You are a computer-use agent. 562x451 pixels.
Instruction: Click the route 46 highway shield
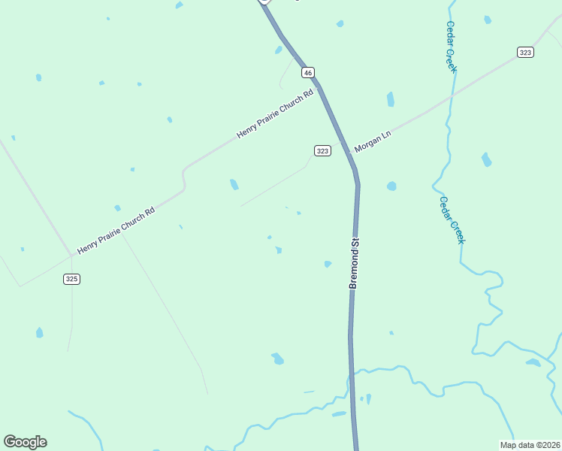[308, 72]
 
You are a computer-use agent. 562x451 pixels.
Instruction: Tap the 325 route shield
[71, 279]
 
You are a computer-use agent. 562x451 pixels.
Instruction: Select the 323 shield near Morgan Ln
[322, 151]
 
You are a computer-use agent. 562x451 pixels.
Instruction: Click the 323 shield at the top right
[525, 52]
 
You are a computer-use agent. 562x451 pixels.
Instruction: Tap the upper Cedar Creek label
[452, 46]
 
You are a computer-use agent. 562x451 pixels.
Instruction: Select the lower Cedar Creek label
[452, 219]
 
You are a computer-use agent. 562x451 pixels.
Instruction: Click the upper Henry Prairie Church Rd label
[274, 114]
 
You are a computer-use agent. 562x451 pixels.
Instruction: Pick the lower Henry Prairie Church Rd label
[116, 230]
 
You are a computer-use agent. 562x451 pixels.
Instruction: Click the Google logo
[25, 442]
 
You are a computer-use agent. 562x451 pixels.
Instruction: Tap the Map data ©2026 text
[530, 444]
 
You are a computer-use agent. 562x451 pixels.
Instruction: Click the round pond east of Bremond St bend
[391, 186]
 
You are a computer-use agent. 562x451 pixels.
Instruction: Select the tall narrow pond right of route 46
[390, 99]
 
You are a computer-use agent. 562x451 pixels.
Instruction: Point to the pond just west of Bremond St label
[328, 264]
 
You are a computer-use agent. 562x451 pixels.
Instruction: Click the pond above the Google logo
[39, 332]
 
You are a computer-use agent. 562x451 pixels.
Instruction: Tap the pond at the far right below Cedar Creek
[533, 362]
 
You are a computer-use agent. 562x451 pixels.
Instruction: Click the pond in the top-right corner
[488, 20]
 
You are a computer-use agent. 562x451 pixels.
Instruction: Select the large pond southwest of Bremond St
[278, 359]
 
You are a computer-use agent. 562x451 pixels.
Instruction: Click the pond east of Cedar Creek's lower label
[486, 159]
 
